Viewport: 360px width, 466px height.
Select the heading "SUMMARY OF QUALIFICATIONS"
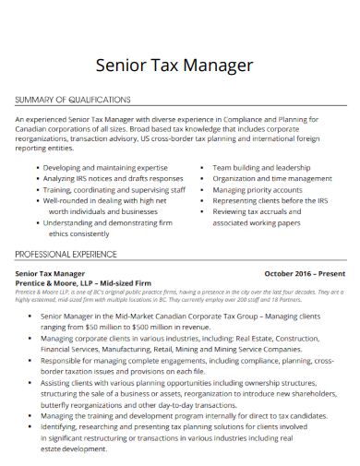[x=73, y=100]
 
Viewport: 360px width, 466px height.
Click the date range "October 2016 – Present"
[x=305, y=274]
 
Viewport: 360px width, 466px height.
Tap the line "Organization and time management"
[x=271, y=178]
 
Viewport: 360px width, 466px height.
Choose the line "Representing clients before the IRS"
[x=270, y=200]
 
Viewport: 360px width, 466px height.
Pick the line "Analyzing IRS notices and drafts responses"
[x=114, y=178]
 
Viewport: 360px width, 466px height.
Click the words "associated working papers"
[x=257, y=222]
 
